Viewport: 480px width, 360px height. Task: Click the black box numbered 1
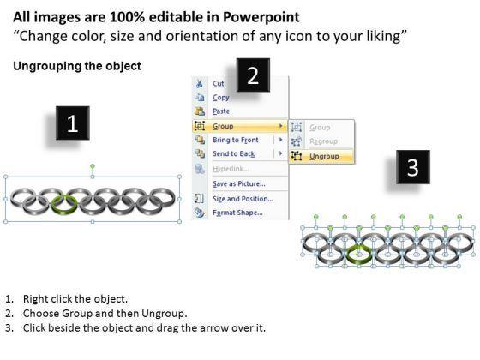pyautogui.click(x=73, y=123)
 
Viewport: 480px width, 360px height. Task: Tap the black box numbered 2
pyautogui.click(x=253, y=75)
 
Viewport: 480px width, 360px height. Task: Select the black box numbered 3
pyautogui.click(x=413, y=167)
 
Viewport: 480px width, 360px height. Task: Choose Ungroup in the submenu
pyautogui.click(x=324, y=156)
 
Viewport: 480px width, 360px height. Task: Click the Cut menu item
pyautogui.click(x=219, y=84)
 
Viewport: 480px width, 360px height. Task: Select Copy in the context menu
pyautogui.click(x=221, y=98)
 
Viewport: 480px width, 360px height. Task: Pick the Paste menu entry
pyautogui.click(x=221, y=111)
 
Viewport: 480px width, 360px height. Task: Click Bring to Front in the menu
pyautogui.click(x=236, y=140)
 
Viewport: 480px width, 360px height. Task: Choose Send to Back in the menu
pyautogui.click(x=233, y=153)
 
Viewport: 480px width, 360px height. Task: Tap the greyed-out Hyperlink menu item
pyautogui.click(x=231, y=169)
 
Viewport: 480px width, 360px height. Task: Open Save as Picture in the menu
pyautogui.click(x=239, y=183)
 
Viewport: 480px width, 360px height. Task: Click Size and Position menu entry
pyautogui.click(x=243, y=199)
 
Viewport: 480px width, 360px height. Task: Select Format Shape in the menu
pyautogui.click(x=237, y=213)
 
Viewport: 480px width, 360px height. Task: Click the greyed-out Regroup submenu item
pyautogui.click(x=324, y=141)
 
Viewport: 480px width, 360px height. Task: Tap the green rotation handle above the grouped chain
pyautogui.click(x=93, y=166)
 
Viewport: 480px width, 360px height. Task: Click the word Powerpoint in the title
pyautogui.click(x=261, y=17)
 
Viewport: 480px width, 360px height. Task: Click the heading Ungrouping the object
pyautogui.click(x=77, y=66)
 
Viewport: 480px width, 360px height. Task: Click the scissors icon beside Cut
pyautogui.click(x=199, y=83)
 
